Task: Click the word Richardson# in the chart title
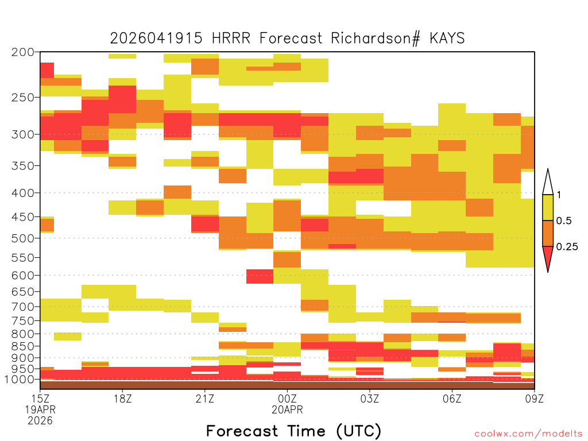[x=375, y=38]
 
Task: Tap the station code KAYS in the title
[x=447, y=38]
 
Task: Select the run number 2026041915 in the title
[x=156, y=38]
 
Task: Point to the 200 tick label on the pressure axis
[x=23, y=52]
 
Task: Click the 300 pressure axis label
[x=23, y=134]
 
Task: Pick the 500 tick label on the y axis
[x=23, y=238]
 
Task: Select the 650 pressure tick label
[x=23, y=291]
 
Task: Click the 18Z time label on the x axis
[x=123, y=399]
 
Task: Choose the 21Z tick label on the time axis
[x=205, y=399]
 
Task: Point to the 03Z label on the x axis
[x=369, y=399]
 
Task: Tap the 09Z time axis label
[x=534, y=399]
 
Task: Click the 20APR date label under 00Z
[x=287, y=409]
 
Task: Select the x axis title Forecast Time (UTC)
[x=293, y=431]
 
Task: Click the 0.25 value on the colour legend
[x=567, y=247]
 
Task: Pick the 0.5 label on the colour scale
[x=564, y=221]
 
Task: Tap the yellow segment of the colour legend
[x=548, y=208]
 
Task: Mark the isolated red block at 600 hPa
[x=260, y=276]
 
